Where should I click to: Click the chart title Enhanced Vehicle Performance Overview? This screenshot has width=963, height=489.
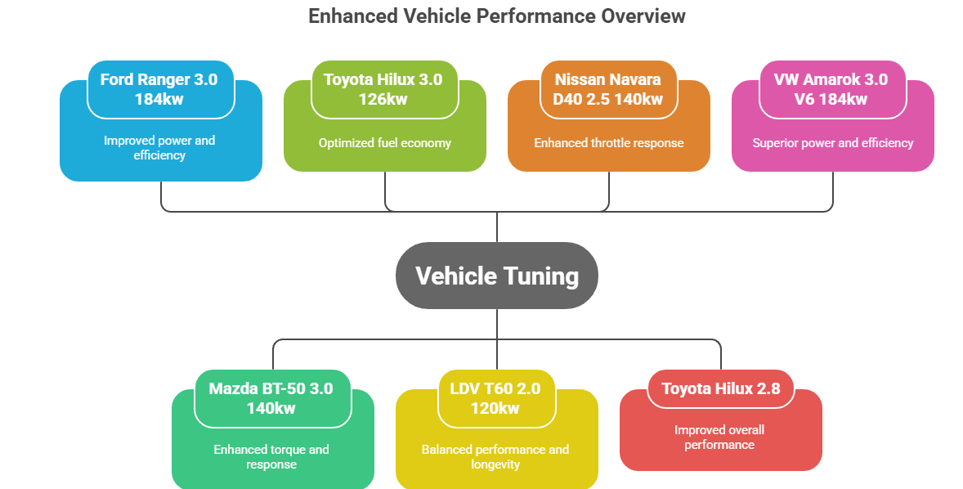coord(496,16)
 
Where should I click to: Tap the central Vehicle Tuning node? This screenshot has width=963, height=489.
coord(496,276)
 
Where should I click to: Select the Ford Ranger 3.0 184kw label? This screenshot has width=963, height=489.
coord(159,89)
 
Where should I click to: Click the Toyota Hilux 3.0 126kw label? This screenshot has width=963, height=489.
coord(383,89)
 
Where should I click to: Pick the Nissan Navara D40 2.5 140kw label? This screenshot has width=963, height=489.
coord(607,89)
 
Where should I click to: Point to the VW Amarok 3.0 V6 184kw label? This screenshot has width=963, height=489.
coord(831,89)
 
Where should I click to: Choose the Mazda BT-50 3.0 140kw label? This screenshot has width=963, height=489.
coord(271,398)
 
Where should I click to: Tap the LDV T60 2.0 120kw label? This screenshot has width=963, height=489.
coord(495,398)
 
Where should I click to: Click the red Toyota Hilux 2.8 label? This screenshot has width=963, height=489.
coord(719,388)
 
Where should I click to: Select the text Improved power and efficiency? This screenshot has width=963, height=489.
coord(159,148)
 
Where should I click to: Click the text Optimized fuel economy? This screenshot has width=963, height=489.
coord(385,143)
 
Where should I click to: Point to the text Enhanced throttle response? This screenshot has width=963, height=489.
coord(609,143)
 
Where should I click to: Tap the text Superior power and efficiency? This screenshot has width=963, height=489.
coord(833,143)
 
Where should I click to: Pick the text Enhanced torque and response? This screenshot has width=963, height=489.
coord(271,457)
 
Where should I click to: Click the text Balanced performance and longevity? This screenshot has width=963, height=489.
coord(495,457)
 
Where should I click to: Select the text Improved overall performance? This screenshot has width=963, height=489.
coord(719,437)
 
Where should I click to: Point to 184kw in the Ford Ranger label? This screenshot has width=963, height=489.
coord(159,99)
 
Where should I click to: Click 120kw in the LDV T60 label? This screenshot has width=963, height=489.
coord(495,408)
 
